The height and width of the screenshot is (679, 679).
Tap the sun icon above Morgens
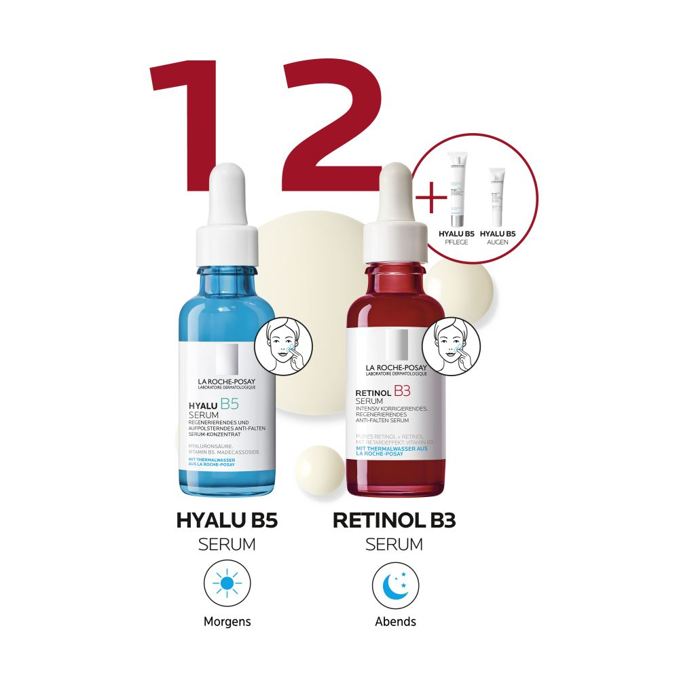[x=227, y=583]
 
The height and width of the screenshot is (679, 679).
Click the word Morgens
[x=227, y=621]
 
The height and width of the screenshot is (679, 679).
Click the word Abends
[x=395, y=621]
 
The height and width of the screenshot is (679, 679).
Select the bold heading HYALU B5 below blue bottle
[x=227, y=521]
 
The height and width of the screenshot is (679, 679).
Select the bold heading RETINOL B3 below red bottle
[x=394, y=521]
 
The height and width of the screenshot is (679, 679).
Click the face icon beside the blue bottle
[x=283, y=345]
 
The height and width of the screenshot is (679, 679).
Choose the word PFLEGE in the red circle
[x=455, y=242]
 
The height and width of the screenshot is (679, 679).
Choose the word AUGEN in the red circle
[x=497, y=242]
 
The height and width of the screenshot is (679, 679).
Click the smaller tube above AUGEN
[x=497, y=197]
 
